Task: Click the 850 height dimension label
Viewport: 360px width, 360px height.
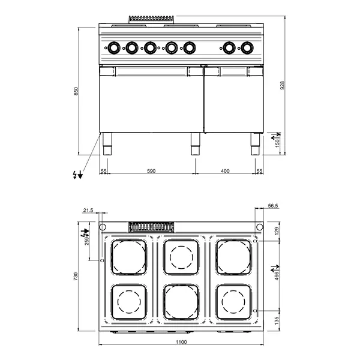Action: [x=76, y=91]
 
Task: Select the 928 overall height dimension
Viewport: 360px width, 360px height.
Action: [x=281, y=86]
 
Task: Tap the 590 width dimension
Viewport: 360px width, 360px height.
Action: [x=151, y=172]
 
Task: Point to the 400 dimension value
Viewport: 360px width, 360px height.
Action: [x=225, y=172]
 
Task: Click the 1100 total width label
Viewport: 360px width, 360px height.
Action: [x=181, y=343]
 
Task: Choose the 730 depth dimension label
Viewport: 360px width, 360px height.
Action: [x=76, y=277]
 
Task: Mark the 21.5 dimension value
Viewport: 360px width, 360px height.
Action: [x=89, y=210]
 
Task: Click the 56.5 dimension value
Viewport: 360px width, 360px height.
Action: [x=274, y=206]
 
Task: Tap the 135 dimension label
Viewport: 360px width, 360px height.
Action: [x=277, y=320]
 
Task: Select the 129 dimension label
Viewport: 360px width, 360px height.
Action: [x=277, y=232]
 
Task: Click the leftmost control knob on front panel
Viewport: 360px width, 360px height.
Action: [x=113, y=46]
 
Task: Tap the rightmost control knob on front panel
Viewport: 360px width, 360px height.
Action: [x=247, y=46]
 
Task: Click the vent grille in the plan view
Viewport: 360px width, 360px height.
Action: [x=152, y=227]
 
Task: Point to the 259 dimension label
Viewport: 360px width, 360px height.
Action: [x=88, y=241]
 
